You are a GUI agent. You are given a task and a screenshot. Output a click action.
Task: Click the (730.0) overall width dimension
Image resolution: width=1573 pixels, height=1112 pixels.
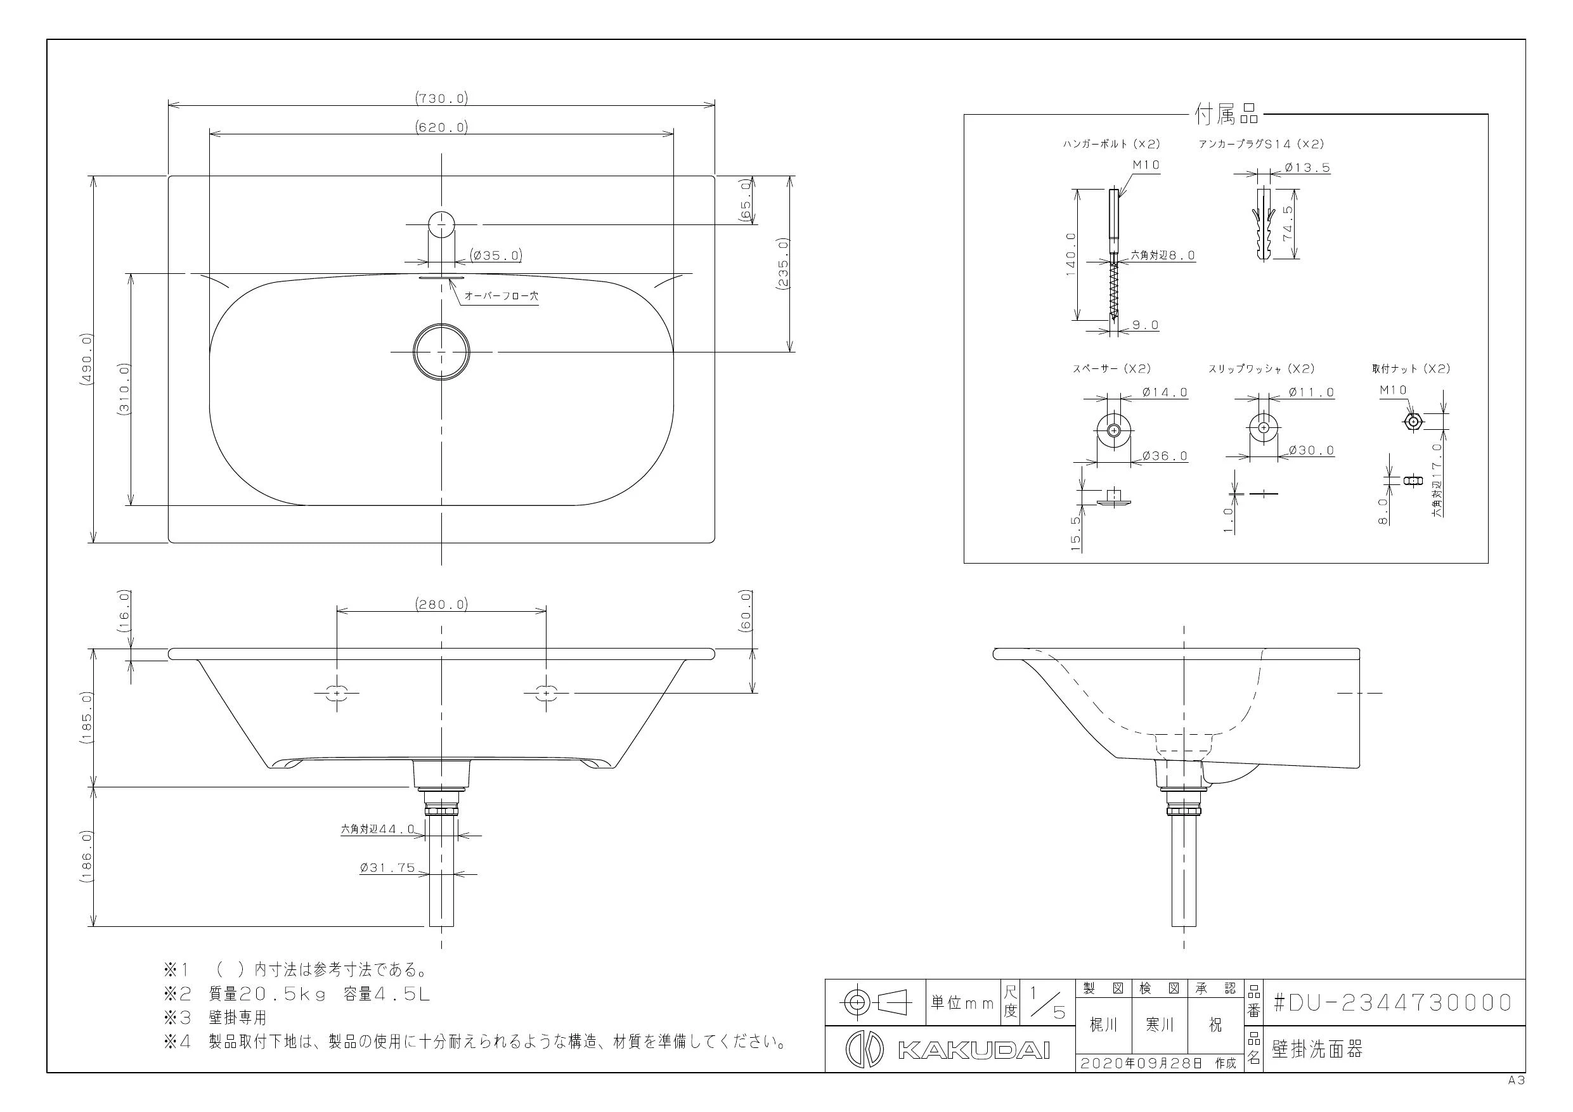coord(441,98)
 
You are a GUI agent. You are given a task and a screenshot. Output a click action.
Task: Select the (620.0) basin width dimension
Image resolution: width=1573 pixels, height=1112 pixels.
coord(441,127)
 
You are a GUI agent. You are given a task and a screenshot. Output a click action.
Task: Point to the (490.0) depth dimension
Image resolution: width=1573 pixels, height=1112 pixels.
coord(86,359)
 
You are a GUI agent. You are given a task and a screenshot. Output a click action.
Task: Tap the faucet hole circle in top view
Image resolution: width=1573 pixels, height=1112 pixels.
coord(442,224)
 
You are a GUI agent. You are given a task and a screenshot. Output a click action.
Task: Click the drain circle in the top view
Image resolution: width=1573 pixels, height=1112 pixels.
coord(442,351)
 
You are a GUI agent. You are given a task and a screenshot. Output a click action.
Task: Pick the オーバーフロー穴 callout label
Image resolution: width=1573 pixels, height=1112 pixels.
coord(502,296)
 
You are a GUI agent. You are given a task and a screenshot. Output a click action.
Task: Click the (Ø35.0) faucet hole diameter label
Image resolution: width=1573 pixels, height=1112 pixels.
coord(496,255)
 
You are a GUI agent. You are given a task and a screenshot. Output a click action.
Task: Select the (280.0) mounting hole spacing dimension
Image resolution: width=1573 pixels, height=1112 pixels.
coord(441,604)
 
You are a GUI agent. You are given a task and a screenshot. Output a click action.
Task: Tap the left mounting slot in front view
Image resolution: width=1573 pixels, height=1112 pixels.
coord(337,693)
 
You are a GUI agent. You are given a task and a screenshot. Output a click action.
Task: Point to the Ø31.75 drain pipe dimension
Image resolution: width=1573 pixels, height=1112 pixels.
coord(388,868)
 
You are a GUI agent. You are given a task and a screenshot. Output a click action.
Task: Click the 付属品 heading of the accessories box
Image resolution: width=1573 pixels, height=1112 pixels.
coord(1227,114)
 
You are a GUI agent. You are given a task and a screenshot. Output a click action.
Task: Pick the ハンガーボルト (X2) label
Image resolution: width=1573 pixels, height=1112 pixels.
coord(1111,144)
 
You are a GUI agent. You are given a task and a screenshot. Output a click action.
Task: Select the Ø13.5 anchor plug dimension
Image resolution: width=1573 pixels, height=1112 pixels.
coord(1307,167)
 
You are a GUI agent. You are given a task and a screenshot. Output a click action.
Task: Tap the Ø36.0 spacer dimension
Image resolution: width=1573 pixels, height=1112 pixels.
coord(1165,456)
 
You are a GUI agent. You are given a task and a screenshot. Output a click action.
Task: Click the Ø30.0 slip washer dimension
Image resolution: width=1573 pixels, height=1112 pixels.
coord(1311,450)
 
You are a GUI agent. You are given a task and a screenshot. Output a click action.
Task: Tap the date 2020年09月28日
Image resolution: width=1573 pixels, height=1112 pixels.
coord(1141,1063)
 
